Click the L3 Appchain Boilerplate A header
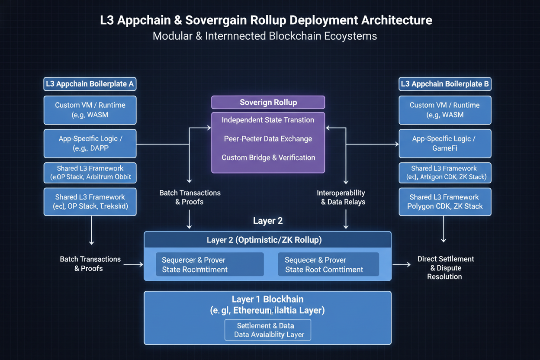pyautogui.click(x=90, y=84)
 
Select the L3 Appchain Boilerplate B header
pyautogui.click(x=444, y=84)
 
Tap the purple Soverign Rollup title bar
pyautogui.click(x=268, y=103)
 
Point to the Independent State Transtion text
pyautogui.click(x=268, y=120)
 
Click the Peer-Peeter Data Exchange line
pyautogui.click(x=268, y=139)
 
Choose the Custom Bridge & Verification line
pyautogui.click(x=268, y=157)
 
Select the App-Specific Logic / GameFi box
pyautogui.click(x=444, y=143)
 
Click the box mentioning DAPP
pyautogui.click(x=90, y=143)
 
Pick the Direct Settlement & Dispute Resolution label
pyautogui.click(x=445, y=267)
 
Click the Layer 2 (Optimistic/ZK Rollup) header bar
pyautogui.click(x=267, y=240)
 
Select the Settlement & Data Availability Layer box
pyautogui.click(x=267, y=330)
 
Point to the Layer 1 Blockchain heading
pyautogui.click(x=267, y=299)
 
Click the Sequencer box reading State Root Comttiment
pyautogui.click(x=328, y=264)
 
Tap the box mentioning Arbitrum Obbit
pyautogui.click(x=90, y=173)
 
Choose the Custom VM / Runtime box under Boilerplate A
pyautogui.click(x=90, y=110)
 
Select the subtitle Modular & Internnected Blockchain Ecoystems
pyautogui.click(x=265, y=36)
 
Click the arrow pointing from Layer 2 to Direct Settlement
pyautogui.click(x=402, y=264)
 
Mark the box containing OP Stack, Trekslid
pyautogui.click(x=90, y=202)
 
